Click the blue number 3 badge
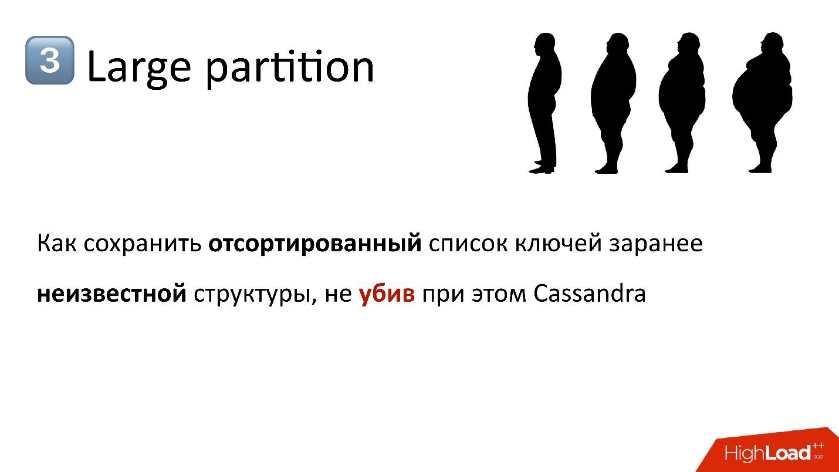(x=49, y=60)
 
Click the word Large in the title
(x=138, y=68)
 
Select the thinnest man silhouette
(x=543, y=103)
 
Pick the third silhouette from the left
(x=681, y=103)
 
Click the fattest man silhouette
(x=761, y=103)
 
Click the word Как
(x=56, y=243)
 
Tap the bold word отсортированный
(x=315, y=243)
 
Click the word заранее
(x=655, y=243)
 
